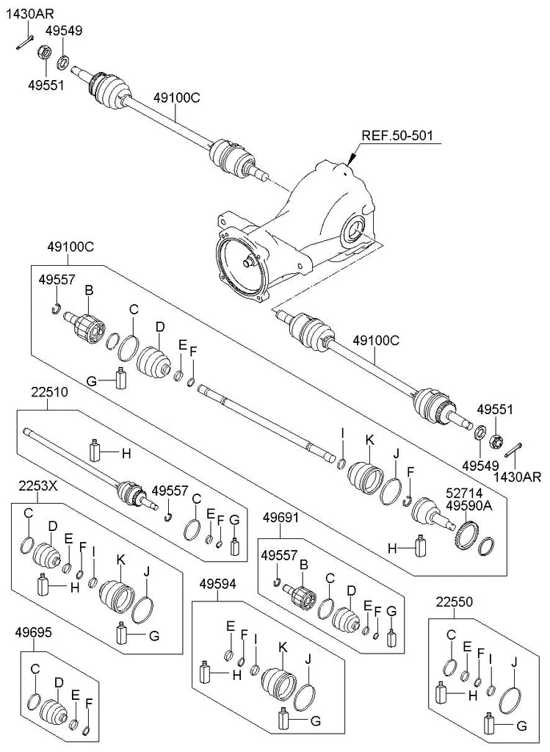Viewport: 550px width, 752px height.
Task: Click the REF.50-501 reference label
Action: coord(397,135)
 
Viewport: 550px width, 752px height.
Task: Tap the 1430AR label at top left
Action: coord(29,13)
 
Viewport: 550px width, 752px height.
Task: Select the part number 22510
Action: coord(50,392)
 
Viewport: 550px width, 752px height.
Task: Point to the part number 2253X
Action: coord(38,486)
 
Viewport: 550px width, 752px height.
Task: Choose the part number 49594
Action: coord(217,584)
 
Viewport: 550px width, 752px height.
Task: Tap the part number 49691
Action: coord(281,518)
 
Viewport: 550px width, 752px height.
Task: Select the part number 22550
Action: coord(454,601)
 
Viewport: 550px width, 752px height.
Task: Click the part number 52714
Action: coord(464,493)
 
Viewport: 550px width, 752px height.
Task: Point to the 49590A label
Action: coord(469,505)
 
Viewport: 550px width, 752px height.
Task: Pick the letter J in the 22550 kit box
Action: coord(515,663)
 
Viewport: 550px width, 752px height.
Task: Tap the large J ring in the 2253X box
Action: coord(142,610)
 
